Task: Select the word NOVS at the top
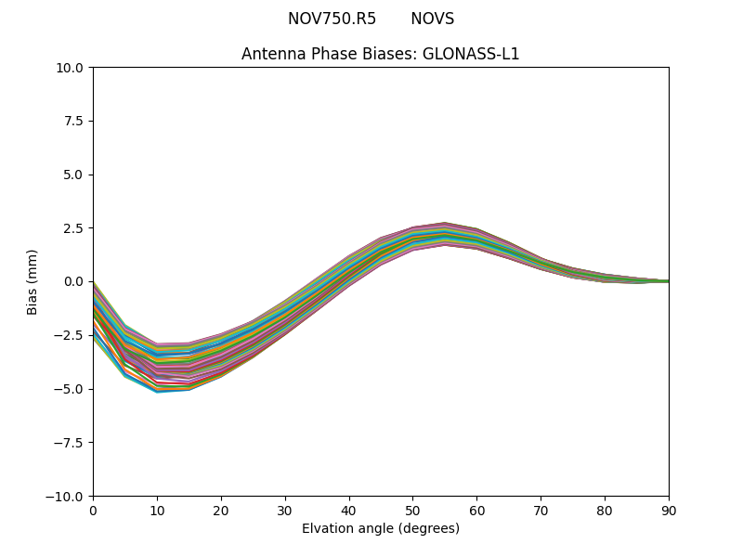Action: point(432,19)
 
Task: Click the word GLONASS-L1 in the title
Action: point(471,54)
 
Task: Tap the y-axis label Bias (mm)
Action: point(33,281)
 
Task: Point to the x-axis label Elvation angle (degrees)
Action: point(381,528)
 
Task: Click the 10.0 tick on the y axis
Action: point(71,68)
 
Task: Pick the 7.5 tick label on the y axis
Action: point(74,121)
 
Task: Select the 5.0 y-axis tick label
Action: point(74,175)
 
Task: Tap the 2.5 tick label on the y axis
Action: point(74,228)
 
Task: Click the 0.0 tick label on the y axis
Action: point(74,281)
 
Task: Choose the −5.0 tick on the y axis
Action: point(71,389)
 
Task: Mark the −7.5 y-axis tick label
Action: point(71,443)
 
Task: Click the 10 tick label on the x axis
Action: point(157,510)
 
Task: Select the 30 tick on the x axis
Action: point(285,510)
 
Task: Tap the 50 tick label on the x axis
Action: point(412,510)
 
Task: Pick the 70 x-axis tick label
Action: point(541,510)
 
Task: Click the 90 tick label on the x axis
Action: point(668,510)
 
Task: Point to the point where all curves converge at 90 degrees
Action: point(668,281)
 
